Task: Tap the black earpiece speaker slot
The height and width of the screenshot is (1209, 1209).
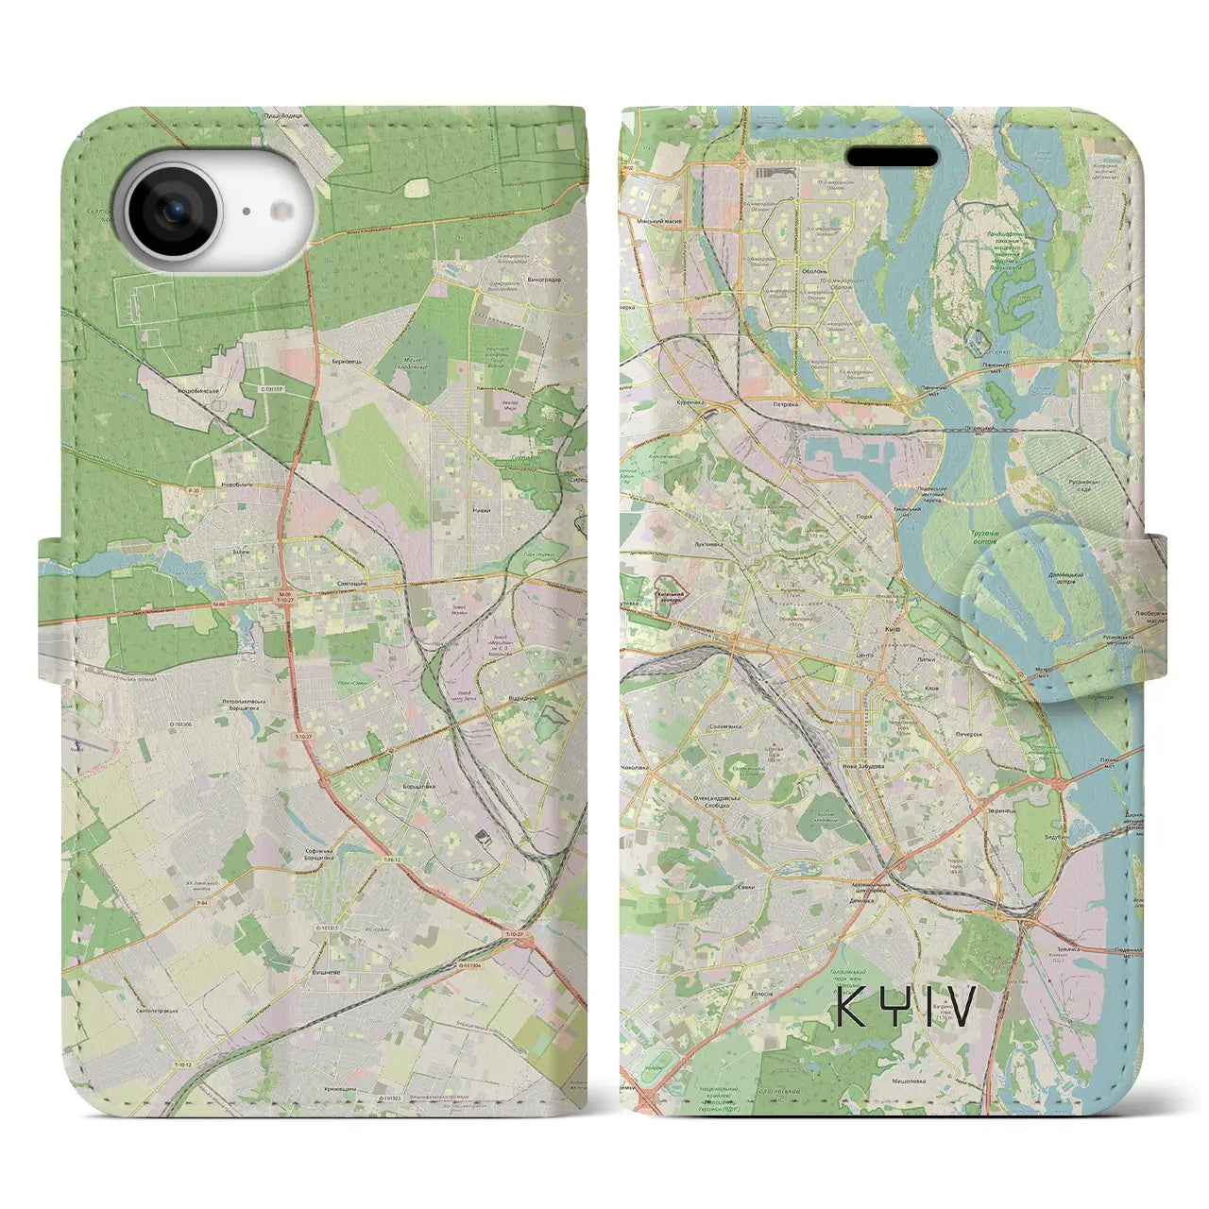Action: click(892, 156)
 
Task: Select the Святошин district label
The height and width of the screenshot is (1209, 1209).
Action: click(351, 586)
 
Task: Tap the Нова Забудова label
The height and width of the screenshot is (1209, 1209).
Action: click(863, 766)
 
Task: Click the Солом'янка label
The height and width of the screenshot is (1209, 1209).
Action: click(726, 727)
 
